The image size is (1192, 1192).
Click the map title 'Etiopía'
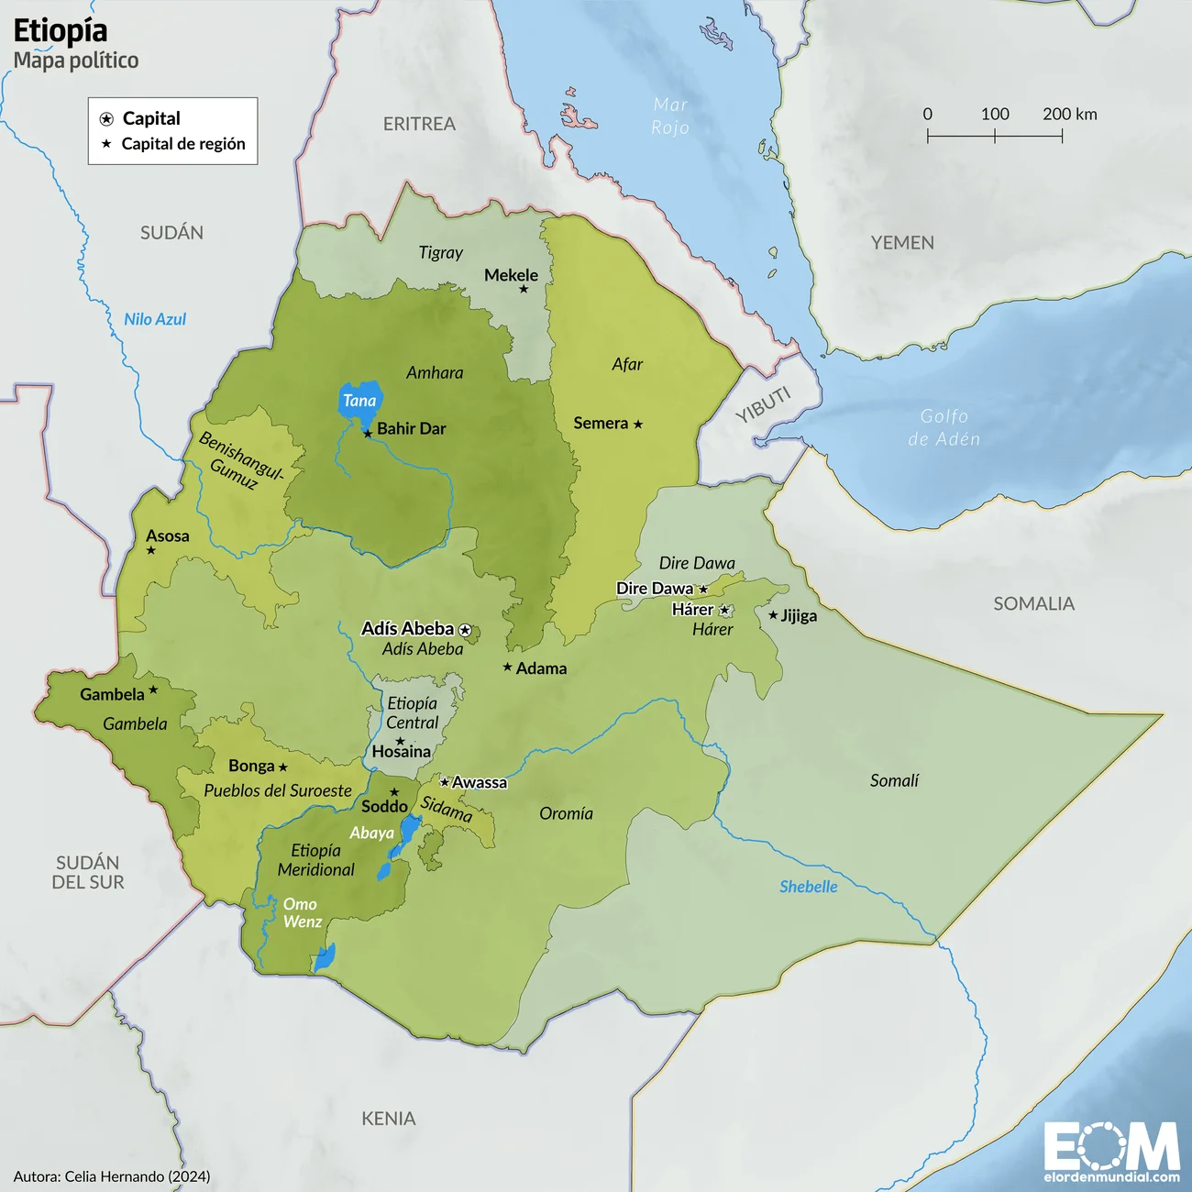point(61,31)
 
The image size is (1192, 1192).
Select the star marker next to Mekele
point(524,289)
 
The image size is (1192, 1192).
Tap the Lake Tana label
point(359,401)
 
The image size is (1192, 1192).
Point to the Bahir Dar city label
point(411,428)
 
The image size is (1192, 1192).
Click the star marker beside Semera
point(638,424)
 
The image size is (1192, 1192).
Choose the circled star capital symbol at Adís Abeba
point(465,630)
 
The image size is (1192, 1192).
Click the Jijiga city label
point(799,615)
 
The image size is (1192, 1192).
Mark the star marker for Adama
point(507,668)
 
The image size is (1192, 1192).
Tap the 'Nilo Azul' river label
point(155,319)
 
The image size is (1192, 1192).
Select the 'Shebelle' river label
point(808,887)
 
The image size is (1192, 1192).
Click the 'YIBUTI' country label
point(763,404)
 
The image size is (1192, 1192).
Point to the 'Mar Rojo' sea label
point(670,116)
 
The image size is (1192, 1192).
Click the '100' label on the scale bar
point(995,114)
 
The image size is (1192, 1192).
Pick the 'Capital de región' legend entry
point(182,144)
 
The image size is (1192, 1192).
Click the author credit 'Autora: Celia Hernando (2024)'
point(112,1176)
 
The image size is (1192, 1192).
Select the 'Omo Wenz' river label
point(302,912)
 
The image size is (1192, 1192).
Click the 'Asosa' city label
point(168,535)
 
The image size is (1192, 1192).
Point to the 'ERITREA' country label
point(419,124)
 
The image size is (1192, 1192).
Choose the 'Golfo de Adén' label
point(944,427)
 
